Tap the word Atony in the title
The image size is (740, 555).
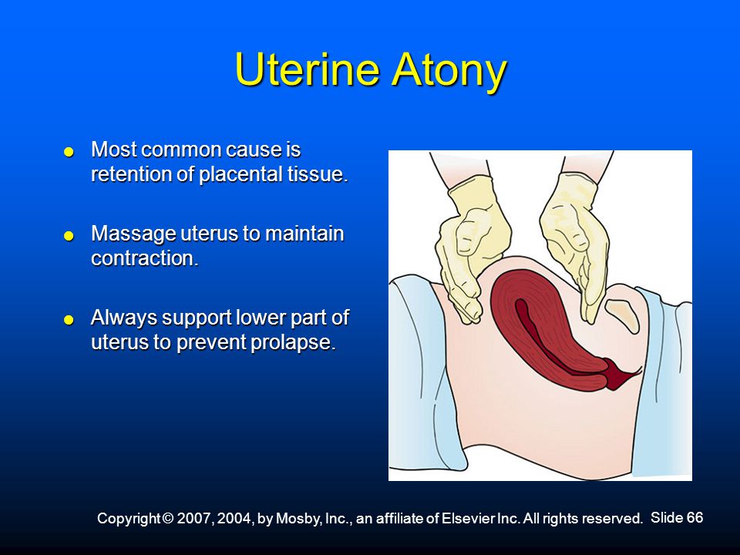tap(449, 71)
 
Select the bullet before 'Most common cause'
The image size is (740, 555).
tap(69, 152)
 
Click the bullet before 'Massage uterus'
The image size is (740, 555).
tap(69, 236)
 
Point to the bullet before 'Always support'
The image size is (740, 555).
tap(69, 320)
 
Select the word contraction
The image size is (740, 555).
tap(144, 258)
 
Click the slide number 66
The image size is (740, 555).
tap(695, 517)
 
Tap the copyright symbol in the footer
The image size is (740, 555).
tap(169, 519)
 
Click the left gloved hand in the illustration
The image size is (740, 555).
tap(472, 250)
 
